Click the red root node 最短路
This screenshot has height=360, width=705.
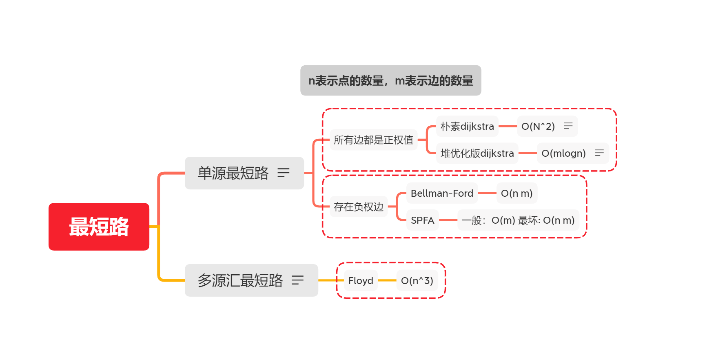click(x=99, y=227)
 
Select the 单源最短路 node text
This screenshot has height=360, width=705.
click(x=233, y=173)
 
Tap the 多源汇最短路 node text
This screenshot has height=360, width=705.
click(x=240, y=280)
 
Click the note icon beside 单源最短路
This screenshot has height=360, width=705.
click(x=283, y=173)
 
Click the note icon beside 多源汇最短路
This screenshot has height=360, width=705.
click(x=297, y=280)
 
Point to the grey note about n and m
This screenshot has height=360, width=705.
click(x=390, y=80)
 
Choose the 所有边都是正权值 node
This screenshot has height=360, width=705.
click(x=373, y=140)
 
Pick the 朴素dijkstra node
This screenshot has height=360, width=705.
click(x=467, y=127)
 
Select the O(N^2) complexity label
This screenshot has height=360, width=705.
click(x=538, y=127)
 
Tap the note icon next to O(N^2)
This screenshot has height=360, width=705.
click(x=568, y=126)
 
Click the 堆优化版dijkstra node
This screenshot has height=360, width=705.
click(x=477, y=153)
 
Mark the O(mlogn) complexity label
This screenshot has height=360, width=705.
click(x=563, y=153)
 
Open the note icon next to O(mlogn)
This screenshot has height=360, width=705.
click(x=599, y=153)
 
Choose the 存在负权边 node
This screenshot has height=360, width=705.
click(x=358, y=207)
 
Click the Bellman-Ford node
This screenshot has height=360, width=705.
click(x=442, y=193)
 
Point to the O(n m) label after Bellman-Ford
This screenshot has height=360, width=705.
click(x=517, y=193)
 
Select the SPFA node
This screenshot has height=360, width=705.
click(x=422, y=220)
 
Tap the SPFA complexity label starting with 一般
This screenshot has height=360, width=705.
click(x=518, y=220)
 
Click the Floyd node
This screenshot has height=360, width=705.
click(x=361, y=281)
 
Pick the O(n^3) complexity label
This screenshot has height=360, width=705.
click(x=417, y=281)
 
